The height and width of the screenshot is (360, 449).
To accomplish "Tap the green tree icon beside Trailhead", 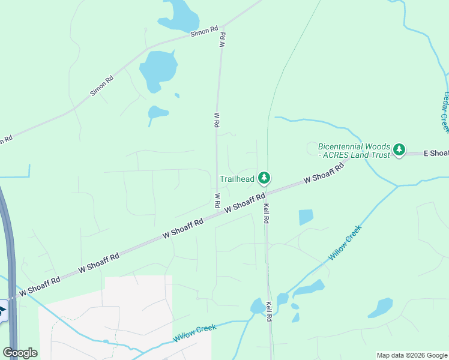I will pyautogui.click(x=264, y=178).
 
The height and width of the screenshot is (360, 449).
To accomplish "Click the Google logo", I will pyautogui.click(x=20, y=353).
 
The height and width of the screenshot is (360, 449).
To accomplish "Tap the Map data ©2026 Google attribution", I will pyautogui.click(x=412, y=355).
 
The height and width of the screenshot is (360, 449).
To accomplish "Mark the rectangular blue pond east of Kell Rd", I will pyautogui.click(x=306, y=217).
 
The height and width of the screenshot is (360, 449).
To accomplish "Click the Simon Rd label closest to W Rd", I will pyautogui.click(x=203, y=32).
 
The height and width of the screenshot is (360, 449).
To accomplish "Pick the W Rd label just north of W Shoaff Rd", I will pyautogui.click(x=217, y=200).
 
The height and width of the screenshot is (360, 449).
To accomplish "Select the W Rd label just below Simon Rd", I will pyautogui.click(x=221, y=41).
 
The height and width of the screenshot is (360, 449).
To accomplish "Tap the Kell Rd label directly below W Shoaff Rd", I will pyautogui.click(x=265, y=214).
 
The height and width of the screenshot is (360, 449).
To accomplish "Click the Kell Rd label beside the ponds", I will pyautogui.click(x=270, y=310).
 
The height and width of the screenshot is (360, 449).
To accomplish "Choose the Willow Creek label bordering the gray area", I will pyautogui.click(x=194, y=332).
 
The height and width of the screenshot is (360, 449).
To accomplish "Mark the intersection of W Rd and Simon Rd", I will pyautogui.click(x=222, y=27).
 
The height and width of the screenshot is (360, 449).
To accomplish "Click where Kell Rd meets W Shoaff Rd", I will pyautogui.click(x=265, y=193).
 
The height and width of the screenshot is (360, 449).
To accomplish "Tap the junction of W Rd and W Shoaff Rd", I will pyautogui.click(x=217, y=210).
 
